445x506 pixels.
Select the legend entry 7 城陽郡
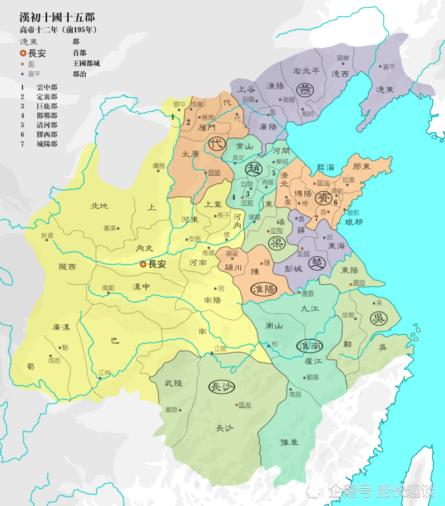point(39,144)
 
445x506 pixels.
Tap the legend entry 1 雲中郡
point(39,87)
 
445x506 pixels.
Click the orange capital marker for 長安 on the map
point(143,265)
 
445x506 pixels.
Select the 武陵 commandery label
point(174,383)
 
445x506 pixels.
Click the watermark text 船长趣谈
point(405,490)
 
